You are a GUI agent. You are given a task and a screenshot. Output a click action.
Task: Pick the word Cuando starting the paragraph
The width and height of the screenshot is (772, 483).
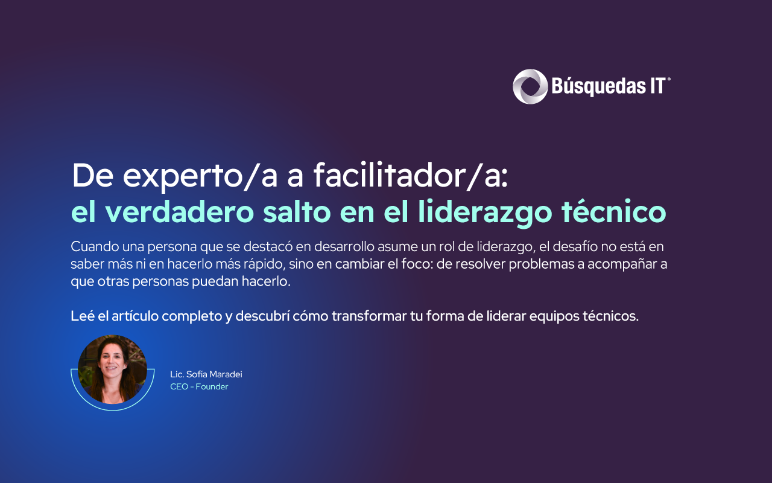tap(93, 246)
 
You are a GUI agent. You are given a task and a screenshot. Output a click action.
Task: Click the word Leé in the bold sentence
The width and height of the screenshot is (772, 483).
tap(81, 316)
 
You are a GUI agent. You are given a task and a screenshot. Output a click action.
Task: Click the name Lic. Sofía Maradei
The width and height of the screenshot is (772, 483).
tap(206, 374)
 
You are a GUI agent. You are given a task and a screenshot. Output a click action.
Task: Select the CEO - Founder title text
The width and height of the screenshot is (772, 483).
tap(199, 386)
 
